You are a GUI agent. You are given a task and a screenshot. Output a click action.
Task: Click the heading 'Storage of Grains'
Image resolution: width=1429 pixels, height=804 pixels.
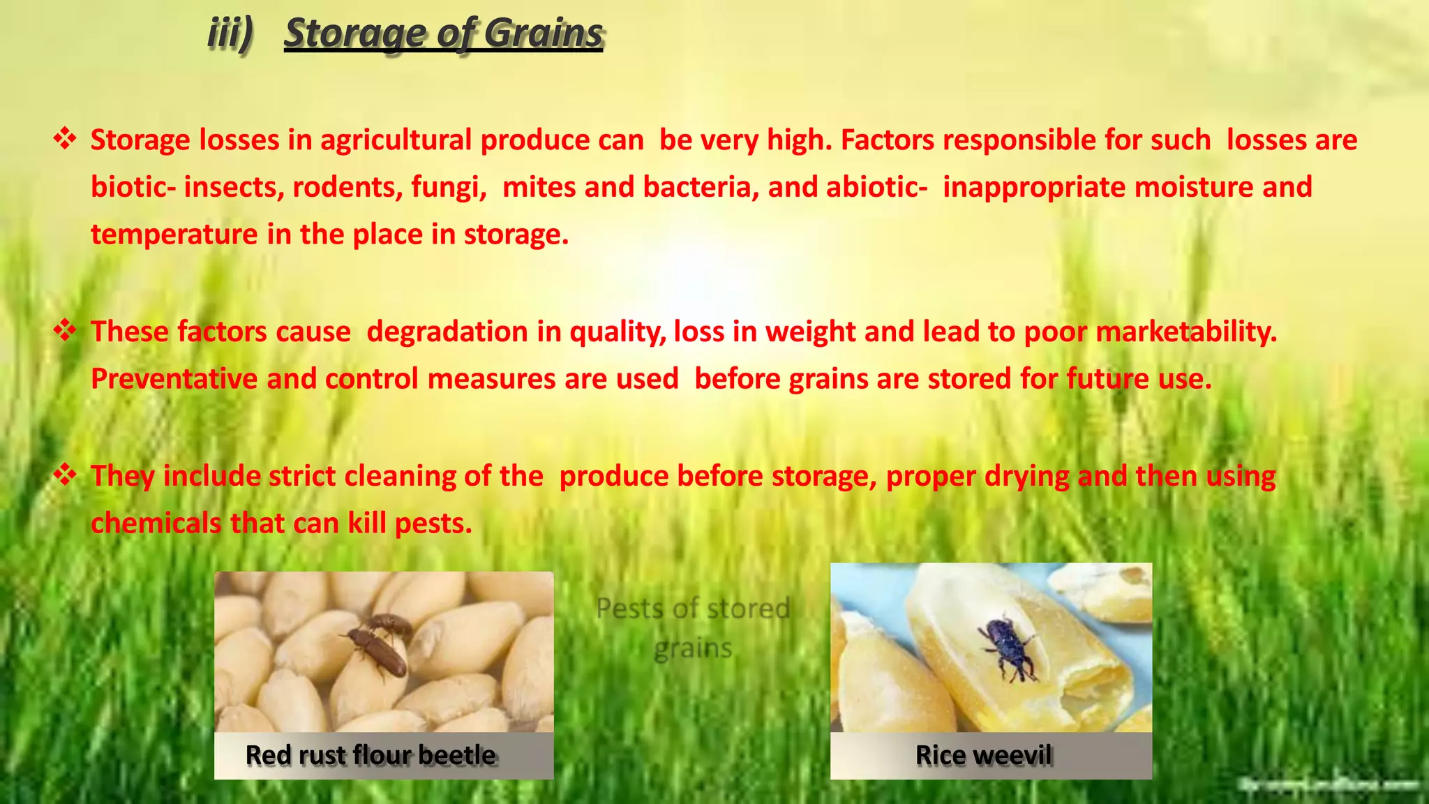click(443, 33)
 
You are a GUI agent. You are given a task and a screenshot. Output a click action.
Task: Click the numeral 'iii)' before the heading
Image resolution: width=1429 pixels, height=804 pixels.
click(230, 33)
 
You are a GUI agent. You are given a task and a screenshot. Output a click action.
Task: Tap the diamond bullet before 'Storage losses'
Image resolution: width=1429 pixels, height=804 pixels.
click(65, 138)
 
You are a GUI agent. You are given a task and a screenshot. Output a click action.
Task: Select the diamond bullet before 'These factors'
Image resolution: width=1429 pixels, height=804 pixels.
click(65, 329)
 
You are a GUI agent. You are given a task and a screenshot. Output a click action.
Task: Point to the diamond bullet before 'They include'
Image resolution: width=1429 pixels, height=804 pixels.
click(65, 475)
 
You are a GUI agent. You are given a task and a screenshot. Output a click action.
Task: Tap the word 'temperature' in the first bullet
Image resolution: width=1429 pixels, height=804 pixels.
click(174, 234)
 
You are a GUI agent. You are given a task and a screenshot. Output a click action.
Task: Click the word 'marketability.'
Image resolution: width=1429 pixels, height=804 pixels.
click(1186, 332)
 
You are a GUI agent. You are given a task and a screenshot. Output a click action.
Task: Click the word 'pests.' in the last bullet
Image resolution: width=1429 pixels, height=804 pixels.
click(433, 523)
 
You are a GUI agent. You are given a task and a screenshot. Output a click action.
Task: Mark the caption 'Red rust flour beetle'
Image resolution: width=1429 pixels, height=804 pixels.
click(371, 755)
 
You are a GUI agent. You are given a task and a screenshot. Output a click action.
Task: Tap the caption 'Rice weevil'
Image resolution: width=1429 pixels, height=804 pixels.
click(983, 755)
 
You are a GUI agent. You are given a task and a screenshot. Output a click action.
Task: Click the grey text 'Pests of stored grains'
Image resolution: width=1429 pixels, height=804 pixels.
click(693, 627)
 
